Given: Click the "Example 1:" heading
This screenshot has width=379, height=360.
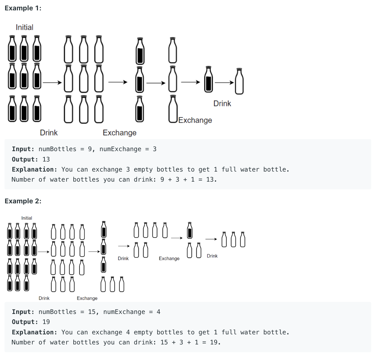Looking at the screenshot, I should click(23, 8).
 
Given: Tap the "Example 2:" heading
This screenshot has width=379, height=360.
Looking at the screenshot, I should click(23, 201).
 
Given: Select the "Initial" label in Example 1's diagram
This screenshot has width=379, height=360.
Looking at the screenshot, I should click(25, 27).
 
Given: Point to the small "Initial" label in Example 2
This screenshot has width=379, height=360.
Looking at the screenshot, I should click(27, 218).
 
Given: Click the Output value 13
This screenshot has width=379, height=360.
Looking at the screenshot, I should click(46, 159).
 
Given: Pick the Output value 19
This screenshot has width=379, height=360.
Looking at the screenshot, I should click(46, 322).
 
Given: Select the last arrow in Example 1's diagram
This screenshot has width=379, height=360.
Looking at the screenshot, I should click(224, 82).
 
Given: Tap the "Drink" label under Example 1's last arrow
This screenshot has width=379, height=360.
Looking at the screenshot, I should click(222, 103).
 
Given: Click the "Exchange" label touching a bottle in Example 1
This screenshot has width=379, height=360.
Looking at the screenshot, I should click(195, 120).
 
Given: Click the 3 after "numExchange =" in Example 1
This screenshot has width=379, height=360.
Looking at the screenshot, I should click(155, 149).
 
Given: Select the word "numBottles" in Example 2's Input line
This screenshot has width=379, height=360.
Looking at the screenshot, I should click(57, 312).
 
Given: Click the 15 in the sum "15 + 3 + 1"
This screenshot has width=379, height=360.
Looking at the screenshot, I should click(164, 342).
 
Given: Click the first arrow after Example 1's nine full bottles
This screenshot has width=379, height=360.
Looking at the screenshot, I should click(52, 82).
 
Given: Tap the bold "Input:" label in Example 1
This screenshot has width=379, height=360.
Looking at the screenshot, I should click(23, 149).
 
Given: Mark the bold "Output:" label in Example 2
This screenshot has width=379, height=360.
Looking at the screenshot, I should click(25, 322).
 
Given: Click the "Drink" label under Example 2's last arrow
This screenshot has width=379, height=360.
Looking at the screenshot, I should click(212, 256).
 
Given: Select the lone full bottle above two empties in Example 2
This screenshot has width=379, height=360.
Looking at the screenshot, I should click(190, 231).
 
